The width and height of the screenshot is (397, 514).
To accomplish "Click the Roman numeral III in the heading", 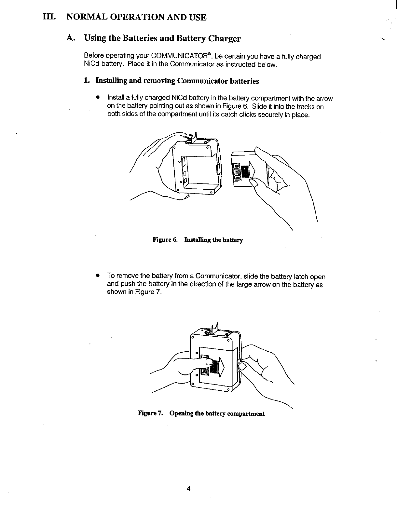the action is click(49, 17).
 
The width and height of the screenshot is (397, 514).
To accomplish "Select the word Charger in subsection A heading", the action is click(224, 39).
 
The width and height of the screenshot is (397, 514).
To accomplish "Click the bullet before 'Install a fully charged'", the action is click(97, 97).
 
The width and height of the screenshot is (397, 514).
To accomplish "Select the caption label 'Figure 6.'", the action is click(165, 240).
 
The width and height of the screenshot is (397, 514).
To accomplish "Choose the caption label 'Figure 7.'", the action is click(151, 413).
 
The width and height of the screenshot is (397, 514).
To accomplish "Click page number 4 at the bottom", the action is click(188, 488).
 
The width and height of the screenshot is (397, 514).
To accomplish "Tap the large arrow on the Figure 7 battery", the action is click(221, 367).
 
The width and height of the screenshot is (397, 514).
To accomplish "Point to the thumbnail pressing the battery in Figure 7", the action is click(209, 361).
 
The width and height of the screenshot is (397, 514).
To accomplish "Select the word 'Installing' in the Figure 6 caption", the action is click(197, 240).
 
